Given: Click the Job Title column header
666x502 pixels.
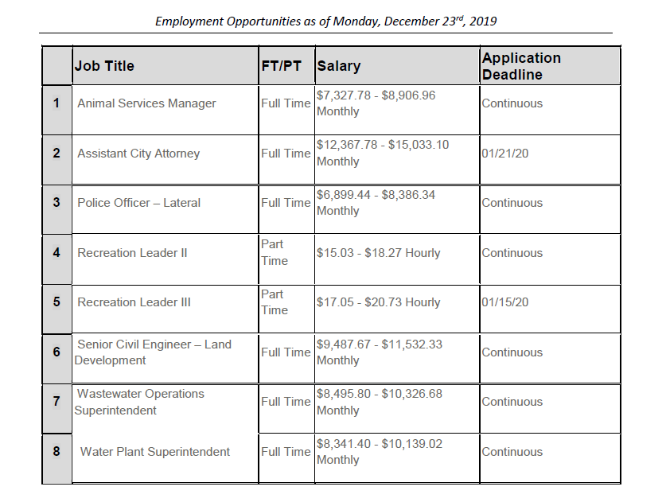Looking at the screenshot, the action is pyautogui.click(x=104, y=66).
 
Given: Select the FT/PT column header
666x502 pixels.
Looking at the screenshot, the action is pyautogui.click(x=281, y=66).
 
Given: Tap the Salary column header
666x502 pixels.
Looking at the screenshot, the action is pyautogui.click(x=338, y=66).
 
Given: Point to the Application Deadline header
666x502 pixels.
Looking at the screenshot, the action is pyautogui.click(x=521, y=66).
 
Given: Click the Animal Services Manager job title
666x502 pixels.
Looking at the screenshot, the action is pyautogui.click(x=146, y=103).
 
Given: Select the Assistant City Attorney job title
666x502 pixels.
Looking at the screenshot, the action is pyautogui.click(x=138, y=154).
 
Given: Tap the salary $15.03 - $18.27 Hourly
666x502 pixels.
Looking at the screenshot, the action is pyautogui.click(x=378, y=253).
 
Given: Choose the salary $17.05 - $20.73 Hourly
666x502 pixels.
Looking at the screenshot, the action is pyautogui.click(x=378, y=302).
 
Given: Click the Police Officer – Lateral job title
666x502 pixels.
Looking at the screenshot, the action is pyautogui.click(x=138, y=203).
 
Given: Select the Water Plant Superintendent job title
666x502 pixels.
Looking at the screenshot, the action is pyautogui.click(x=155, y=452).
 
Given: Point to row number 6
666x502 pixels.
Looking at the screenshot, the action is pyautogui.click(x=56, y=352).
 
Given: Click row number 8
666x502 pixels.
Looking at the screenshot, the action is pyautogui.click(x=56, y=452).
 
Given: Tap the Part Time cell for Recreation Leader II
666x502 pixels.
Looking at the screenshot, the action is pyautogui.click(x=272, y=252).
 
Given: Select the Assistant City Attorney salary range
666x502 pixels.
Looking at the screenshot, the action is pyautogui.click(x=382, y=154).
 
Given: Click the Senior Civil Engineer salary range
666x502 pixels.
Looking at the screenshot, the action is pyautogui.click(x=379, y=352).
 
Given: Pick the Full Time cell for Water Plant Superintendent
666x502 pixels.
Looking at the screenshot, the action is pyautogui.click(x=286, y=452).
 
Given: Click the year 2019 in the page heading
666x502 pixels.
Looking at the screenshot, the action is pyautogui.click(x=481, y=21).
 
